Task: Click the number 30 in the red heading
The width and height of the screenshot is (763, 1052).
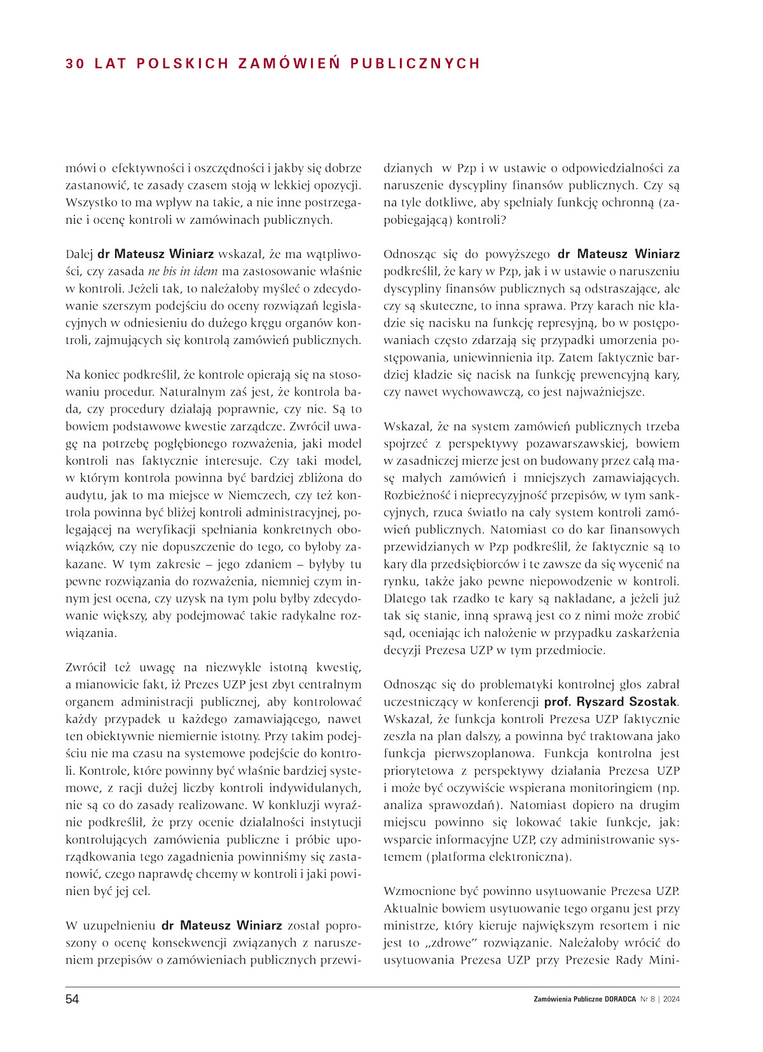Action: point(74,64)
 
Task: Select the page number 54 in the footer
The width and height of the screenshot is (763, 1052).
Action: point(72,999)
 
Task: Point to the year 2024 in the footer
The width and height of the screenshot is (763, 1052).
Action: point(670,999)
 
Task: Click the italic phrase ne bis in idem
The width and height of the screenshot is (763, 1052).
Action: point(182,271)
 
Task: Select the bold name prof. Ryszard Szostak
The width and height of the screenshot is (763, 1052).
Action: point(610,702)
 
